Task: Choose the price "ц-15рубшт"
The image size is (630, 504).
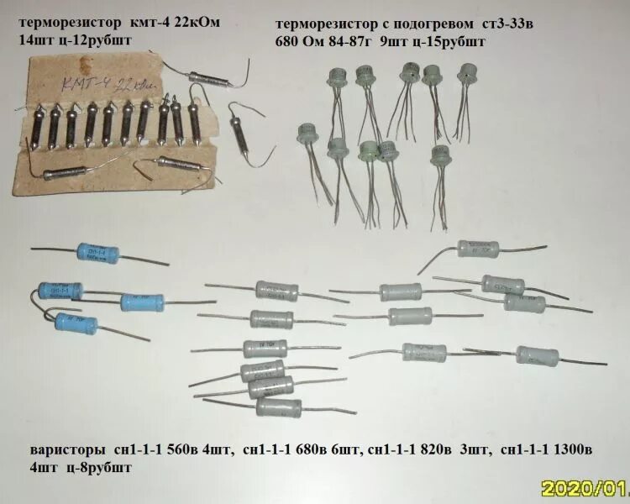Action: tap(444, 39)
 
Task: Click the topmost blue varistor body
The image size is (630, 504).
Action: tap(99, 251)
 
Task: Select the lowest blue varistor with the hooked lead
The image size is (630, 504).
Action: tap(76, 322)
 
